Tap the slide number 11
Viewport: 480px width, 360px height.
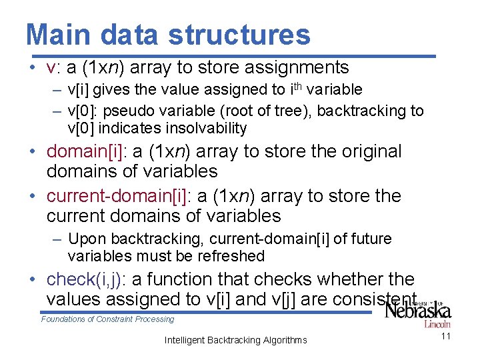point(446,336)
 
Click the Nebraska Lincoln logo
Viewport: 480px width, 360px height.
point(419,311)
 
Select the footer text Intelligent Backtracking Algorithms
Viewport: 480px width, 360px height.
point(235,341)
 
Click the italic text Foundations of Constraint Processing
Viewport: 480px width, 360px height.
point(107,319)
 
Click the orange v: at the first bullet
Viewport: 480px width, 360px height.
point(53,67)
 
